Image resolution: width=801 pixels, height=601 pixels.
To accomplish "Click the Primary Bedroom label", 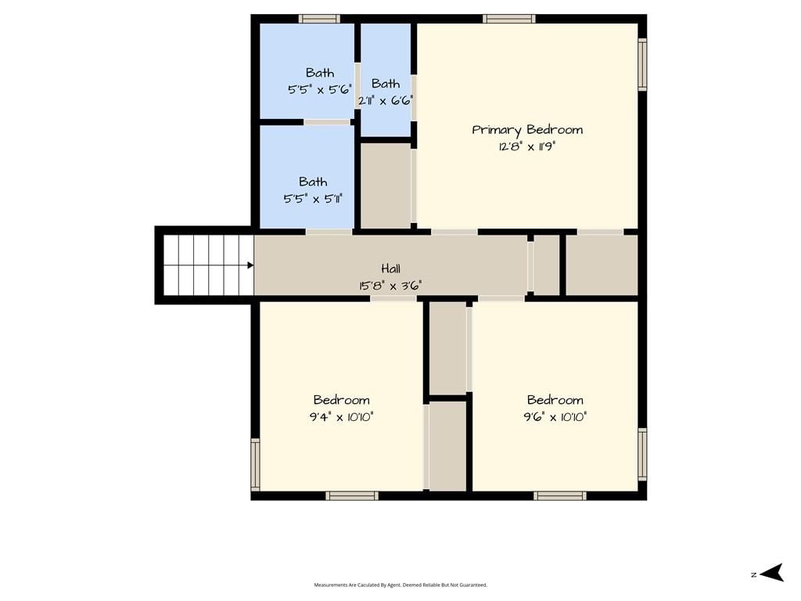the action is [x=527, y=130].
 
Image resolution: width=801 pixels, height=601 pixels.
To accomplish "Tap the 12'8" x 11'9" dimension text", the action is [x=527, y=146].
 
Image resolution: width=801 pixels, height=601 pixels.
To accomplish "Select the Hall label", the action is [x=391, y=268].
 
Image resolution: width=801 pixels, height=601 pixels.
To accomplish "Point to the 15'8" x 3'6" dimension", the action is [x=391, y=285].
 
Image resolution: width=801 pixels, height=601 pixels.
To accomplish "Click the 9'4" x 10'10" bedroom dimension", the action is [x=341, y=417].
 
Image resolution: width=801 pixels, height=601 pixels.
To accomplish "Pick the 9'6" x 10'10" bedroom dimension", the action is [x=555, y=417].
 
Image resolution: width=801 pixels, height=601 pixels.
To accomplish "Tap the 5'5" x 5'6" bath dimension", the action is [x=320, y=90].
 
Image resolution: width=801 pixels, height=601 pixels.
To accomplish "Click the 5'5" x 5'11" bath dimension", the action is [x=313, y=198].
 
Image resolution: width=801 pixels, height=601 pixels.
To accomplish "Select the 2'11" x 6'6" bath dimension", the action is [x=386, y=101].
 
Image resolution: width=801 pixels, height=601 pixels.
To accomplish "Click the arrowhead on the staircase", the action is [x=250, y=265].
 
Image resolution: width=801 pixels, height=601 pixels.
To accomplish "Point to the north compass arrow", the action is [x=771, y=572].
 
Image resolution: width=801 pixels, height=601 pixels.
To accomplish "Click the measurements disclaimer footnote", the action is [x=400, y=585].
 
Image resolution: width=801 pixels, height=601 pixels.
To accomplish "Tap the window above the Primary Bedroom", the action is [x=509, y=19].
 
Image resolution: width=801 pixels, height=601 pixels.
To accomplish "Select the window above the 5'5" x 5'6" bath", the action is [x=319, y=19].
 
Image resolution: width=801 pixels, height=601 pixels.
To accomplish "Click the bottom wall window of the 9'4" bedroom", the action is [x=352, y=495].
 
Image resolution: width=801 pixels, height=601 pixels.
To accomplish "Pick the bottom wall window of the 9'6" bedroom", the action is [x=560, y=495].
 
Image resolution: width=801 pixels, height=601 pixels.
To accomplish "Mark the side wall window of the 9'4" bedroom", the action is [x=255, y=465].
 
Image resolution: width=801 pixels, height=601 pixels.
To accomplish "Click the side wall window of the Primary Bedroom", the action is [x=643, y=64].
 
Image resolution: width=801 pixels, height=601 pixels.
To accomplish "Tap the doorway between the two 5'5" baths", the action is [x=328, y=122].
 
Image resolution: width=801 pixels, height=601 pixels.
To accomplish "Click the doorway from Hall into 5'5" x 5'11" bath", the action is [x=329, y=232].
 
